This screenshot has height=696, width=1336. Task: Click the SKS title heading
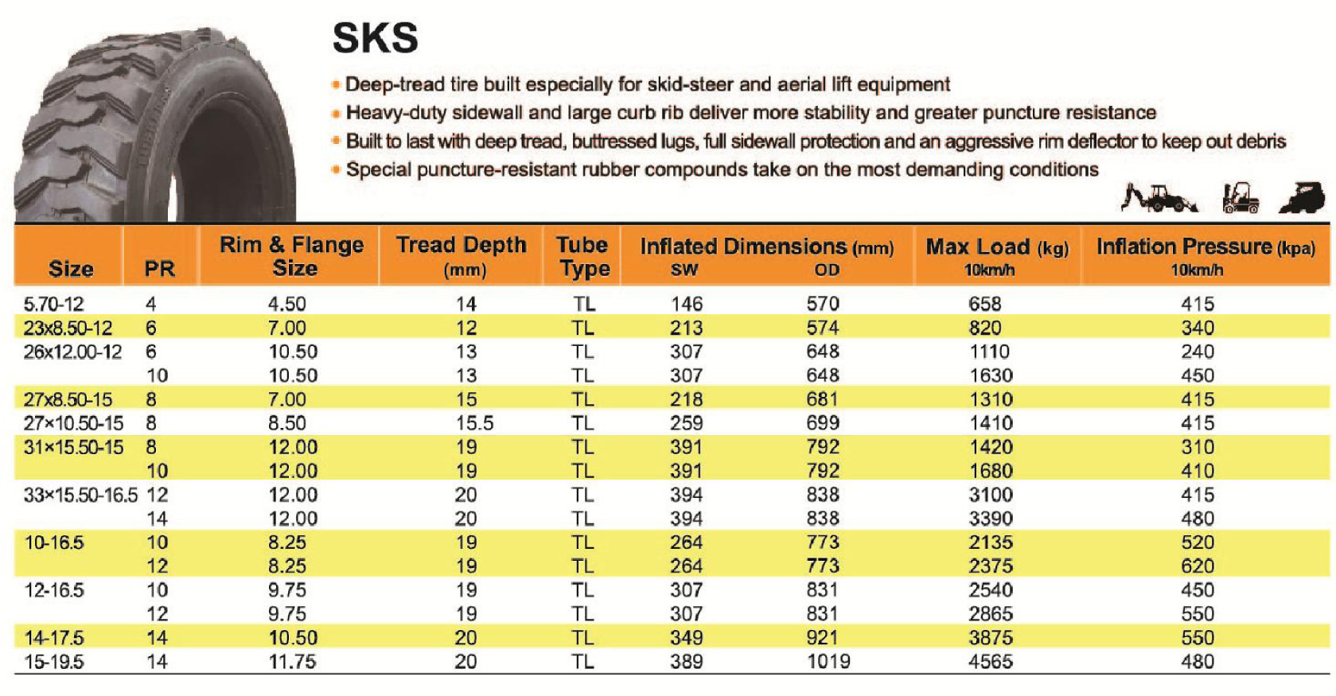375,37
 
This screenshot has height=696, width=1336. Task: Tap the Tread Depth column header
462,255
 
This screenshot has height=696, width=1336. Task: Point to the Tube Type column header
582,255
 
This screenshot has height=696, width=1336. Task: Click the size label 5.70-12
53,304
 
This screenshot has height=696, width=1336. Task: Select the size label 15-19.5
53,662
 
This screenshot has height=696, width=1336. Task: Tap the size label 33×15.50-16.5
80,495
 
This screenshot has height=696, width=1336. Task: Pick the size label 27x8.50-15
68,399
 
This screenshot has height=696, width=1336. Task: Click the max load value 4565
991,662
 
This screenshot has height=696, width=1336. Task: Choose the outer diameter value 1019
828,662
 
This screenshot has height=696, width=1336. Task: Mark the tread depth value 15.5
474,423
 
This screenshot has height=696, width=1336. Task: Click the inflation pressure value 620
1198,566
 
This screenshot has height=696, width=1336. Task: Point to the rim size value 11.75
292,662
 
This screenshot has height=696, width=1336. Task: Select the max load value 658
985,304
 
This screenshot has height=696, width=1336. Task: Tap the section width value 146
686,304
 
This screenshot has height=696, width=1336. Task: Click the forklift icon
1241,198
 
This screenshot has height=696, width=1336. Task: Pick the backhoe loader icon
1158,198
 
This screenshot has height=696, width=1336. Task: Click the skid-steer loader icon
1303,198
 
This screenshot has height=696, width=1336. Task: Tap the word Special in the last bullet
379,169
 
